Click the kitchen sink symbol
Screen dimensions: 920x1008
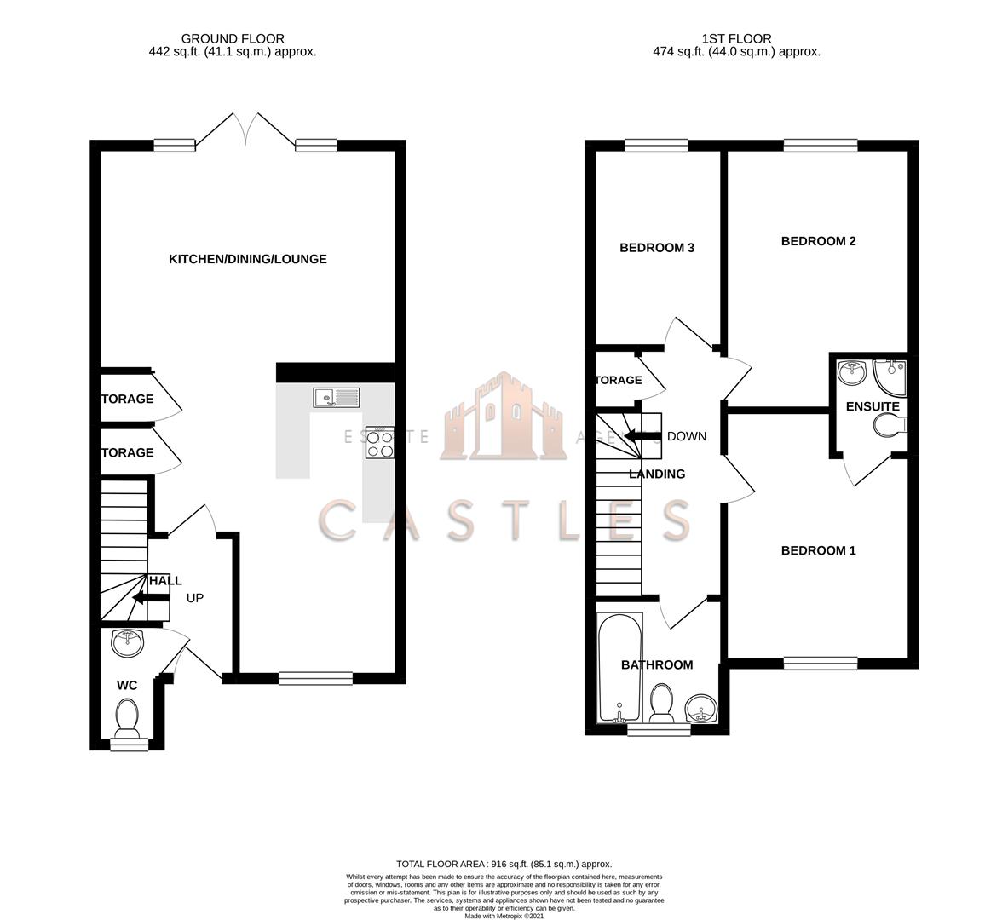point(336,397)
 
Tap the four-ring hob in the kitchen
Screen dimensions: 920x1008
point(379,442)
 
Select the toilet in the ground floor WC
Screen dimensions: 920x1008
point(128,718)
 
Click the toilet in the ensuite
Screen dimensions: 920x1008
point(888,425)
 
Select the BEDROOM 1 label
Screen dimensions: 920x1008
point(818,550)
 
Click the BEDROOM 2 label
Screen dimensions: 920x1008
point(818,241)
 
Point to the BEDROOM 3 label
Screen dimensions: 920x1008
point(656,248)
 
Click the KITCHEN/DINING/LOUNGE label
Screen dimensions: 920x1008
point(247,259)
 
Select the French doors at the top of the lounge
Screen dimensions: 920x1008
point(246,132)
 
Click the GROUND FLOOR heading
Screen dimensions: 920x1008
point(233,38)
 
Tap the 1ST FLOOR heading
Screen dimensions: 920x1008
point(736,38)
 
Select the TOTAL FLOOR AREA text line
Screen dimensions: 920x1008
point(504,864)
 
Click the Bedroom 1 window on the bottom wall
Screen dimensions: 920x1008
point(820,663)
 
